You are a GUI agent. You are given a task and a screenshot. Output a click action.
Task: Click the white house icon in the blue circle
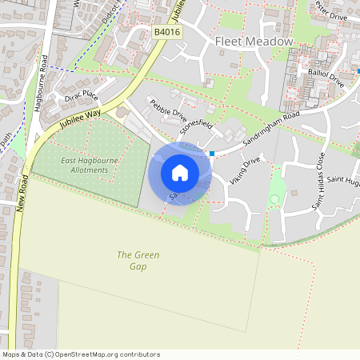179,172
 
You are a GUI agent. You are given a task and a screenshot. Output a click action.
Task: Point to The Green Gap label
138,260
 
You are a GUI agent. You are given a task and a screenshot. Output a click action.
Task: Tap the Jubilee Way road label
78,119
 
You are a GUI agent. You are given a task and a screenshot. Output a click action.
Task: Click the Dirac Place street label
82,96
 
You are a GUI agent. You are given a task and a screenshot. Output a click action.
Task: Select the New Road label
22,192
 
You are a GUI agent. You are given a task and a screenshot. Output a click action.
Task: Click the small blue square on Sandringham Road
211,152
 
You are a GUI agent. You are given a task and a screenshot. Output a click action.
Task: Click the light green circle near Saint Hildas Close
276,198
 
